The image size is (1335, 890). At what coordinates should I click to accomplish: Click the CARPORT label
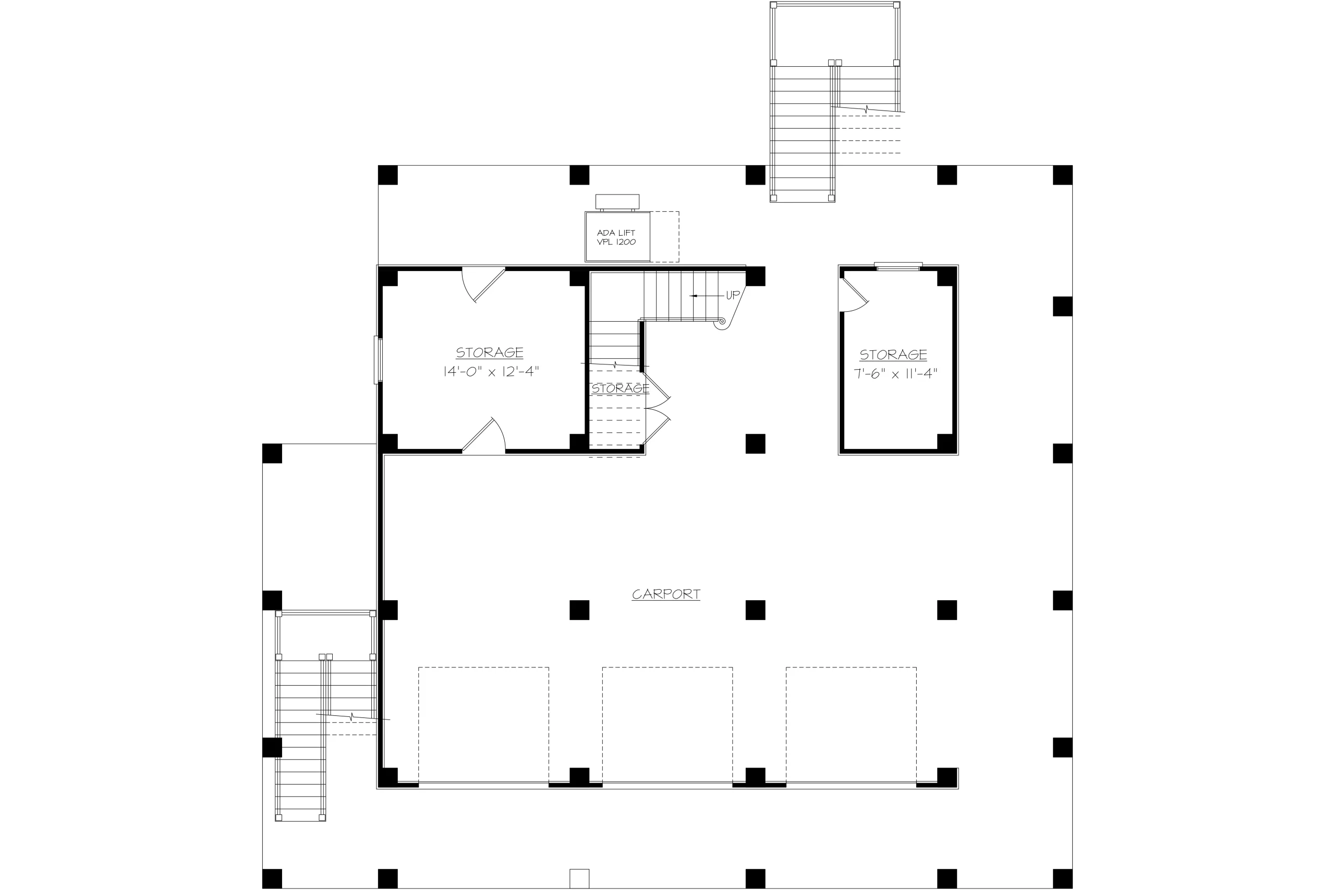(666, 594)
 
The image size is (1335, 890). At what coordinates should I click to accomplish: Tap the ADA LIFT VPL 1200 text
(616, 237)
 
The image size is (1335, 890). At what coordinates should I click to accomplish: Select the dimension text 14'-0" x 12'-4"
(490, 372)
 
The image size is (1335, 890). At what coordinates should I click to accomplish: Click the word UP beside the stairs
(733, 295)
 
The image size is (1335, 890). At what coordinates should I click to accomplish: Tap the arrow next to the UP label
(707, 296)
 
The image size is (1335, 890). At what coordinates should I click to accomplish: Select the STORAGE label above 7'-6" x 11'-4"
(893, 355)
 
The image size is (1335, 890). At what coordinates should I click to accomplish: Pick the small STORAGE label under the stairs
(620, 389)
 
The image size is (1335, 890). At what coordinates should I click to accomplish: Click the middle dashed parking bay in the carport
(667, 726)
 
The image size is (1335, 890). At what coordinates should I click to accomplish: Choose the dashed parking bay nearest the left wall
(483, 726)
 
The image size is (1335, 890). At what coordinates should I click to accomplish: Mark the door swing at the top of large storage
(483, 284)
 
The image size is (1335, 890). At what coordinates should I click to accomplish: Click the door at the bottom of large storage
(483, 435)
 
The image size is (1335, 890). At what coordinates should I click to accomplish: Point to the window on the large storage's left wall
(378, 360)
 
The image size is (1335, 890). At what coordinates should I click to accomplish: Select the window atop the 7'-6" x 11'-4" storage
(898, 266)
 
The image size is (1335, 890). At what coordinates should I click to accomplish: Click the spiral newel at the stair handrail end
(721, 322)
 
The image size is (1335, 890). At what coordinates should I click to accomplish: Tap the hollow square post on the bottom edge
(579, 878)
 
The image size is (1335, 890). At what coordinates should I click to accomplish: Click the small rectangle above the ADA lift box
(617, 201)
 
